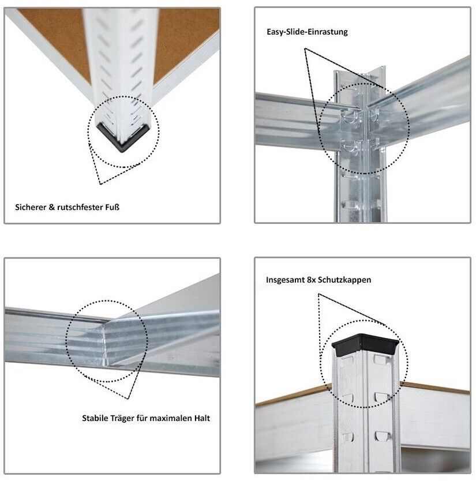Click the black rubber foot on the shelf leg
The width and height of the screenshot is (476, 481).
(x=123, y=138)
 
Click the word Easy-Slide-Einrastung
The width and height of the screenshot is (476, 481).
(x=307, y=32)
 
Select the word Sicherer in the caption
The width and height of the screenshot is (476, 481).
(x=31, y=207)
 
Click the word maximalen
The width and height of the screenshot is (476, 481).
(x=168, y=418)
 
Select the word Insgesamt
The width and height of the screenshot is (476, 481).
(x=285, y=280)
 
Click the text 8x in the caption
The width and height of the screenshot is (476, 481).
(x=311, y=280)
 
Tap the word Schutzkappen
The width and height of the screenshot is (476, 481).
(x=344, y=280)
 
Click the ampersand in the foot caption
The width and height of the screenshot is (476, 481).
(x=51, y=207)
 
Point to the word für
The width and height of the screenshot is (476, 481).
(x=141, y=418)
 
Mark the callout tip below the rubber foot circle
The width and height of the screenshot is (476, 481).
(x=100, y=184)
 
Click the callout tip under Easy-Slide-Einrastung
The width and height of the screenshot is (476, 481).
(x=305, y=48)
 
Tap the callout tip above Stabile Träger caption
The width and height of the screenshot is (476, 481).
(x=128, y=399)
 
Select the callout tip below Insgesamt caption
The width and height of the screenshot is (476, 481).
(x=318, y=294)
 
